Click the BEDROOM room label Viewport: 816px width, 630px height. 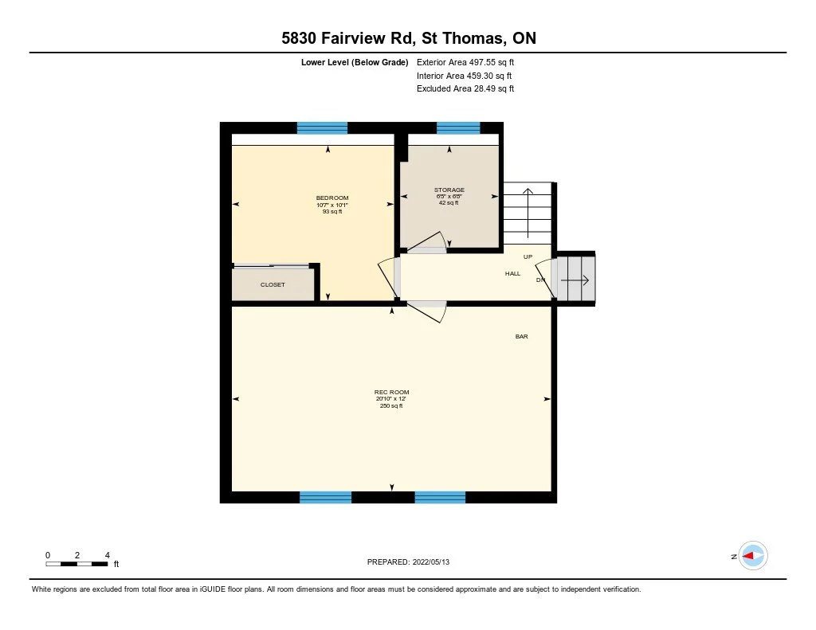pos(332,198)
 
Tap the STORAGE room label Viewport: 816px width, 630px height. pos(449,190)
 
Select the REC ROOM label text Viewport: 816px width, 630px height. pos(391,393)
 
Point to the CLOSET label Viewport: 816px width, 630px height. pos(273,284)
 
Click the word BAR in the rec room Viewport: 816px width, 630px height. pos(521,337)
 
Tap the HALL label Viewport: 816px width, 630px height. pos(512,274)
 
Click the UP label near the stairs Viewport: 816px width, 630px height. pos(528,257)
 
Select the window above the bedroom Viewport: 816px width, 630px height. pos(322,127)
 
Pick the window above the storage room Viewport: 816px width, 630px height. pos(458,127)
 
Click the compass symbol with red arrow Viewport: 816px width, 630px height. pos(752,556)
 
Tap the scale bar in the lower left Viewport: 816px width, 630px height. pos(77,564)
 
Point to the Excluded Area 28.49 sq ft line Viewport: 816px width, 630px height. pos(465,89)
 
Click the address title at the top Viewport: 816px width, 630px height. pos(408,39)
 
